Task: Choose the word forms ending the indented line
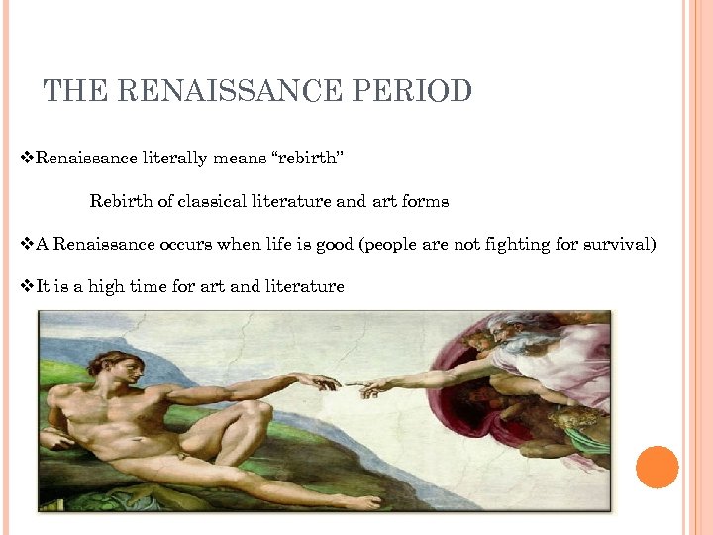425,202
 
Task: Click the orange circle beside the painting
658,467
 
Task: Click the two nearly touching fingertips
354,384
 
